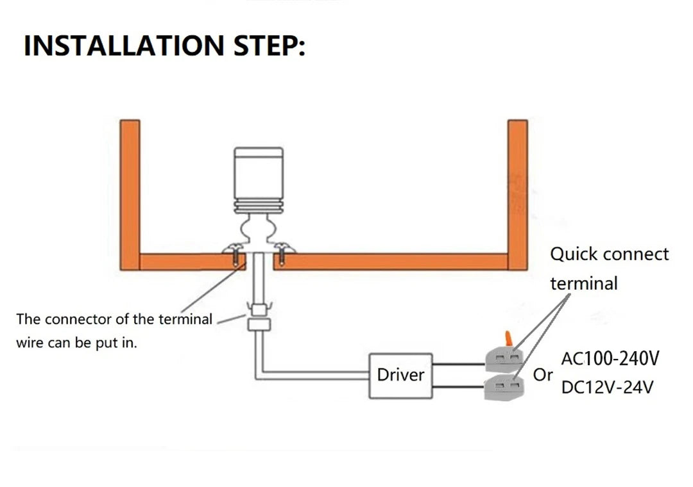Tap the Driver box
(x=400, y=375)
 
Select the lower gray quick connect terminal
(x=503, y=386)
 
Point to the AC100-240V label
(x=610, y=358)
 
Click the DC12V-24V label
(x=607, y=387)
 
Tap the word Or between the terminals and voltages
(x=543, y=375)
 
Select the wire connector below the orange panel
(x=259, y=317)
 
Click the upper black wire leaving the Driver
(x=458, y=364)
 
